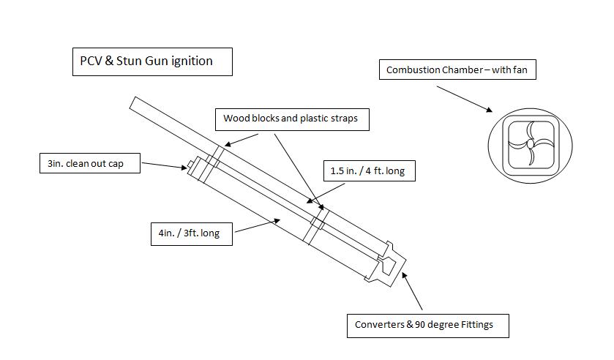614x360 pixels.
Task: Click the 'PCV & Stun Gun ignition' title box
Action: [152, 61]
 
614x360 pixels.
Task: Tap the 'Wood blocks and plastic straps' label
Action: [291, 118]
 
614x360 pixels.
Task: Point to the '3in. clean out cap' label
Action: [91, 163]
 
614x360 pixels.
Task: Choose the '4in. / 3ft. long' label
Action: [190, 234]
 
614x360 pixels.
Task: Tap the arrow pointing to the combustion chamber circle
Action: [465, 99]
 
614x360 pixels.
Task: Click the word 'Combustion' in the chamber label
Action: [413, 70]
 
